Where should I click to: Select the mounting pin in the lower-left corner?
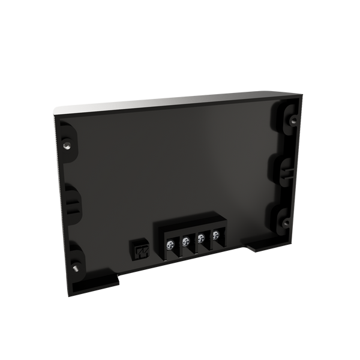click(x=76, y=268)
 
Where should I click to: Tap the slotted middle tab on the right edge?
click(x=284, y=169)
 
